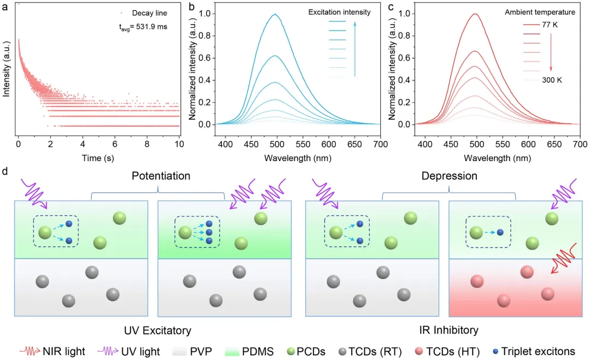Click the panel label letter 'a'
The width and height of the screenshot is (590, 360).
[x=5, y=7]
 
